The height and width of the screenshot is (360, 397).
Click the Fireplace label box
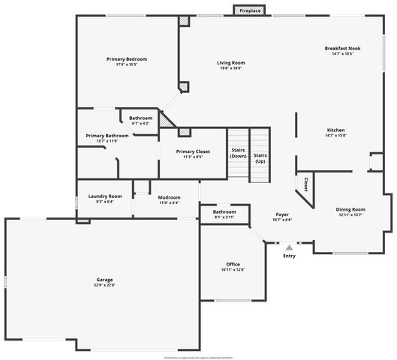click(x=249, y=10)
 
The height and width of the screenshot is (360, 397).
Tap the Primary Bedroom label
click(x=126, y=58)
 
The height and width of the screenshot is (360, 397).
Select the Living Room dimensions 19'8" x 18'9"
click(x=231, y=67)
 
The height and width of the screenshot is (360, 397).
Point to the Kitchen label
click(x=335, y=130)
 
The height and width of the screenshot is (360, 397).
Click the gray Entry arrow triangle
click(x=289, y=246)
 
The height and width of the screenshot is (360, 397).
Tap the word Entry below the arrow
click(x=289, y=256)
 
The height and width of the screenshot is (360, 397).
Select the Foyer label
click(x=282, y=214)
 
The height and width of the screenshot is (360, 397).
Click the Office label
click(x=233, y=265)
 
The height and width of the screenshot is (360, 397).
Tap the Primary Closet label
click(x=193, y=151)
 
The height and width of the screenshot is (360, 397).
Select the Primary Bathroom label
click(x=107, y=136)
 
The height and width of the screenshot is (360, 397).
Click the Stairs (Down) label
click(x=238, y=152)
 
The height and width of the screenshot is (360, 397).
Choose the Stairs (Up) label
click(x=260, y=157)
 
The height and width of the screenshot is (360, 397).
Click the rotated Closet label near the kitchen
click(x=306, y=184)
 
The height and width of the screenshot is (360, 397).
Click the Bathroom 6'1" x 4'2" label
click(x=140, y=118)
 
